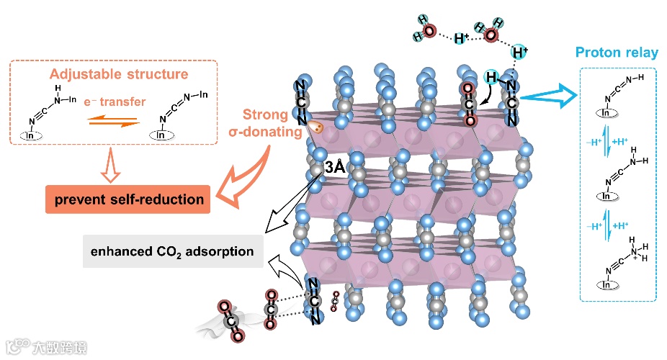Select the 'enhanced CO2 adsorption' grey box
172,252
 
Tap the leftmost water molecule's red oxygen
428,32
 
